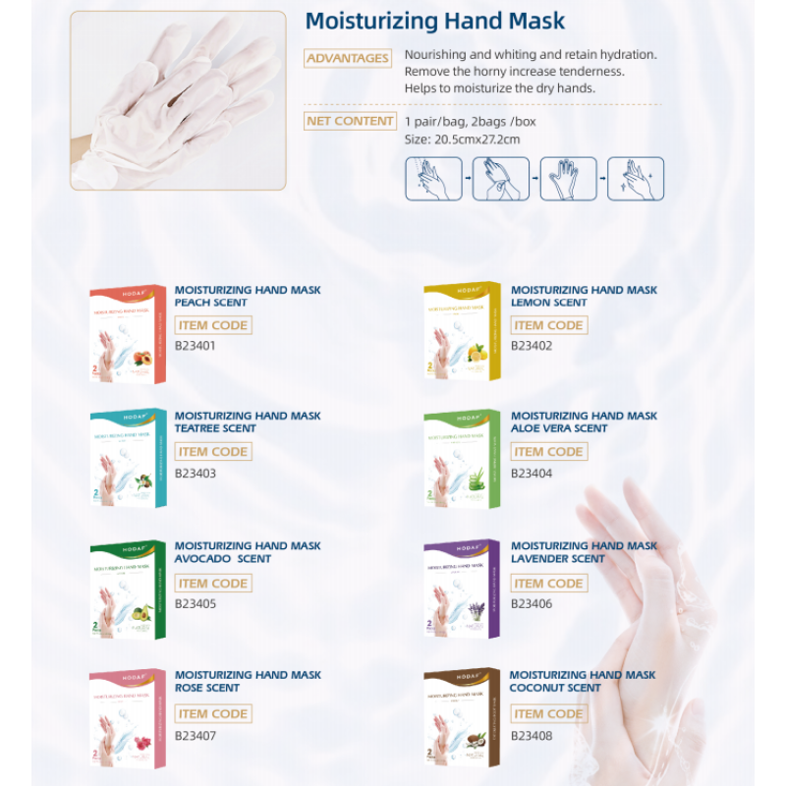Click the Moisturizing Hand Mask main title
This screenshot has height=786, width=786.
point(435,22)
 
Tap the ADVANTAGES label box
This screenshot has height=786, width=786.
point(347,59)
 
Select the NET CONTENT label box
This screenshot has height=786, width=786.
point(350,122)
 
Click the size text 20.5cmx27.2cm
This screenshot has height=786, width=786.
point(462,140)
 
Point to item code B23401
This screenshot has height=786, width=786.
point(195,346)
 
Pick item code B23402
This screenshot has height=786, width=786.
point(532,346)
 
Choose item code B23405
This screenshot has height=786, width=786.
point(195,604)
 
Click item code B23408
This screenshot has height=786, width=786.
point(532,735)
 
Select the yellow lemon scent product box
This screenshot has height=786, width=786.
point(462,338)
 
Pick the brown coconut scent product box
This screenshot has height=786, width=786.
point(462,720)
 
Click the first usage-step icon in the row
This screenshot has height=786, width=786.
point(433,179)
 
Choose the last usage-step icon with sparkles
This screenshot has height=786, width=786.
point(636,179)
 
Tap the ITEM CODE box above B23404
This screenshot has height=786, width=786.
point(548,452)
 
